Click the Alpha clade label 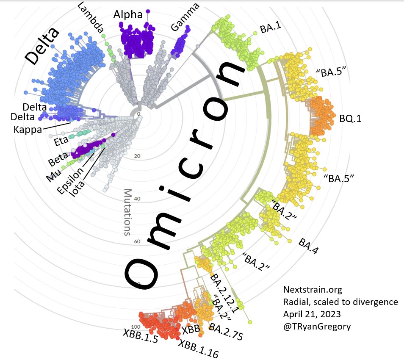pos(128,15)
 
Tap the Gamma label pos(185,19)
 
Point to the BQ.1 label pos(350,119)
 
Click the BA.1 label pos(271,29)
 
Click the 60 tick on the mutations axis pos(137,242)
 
